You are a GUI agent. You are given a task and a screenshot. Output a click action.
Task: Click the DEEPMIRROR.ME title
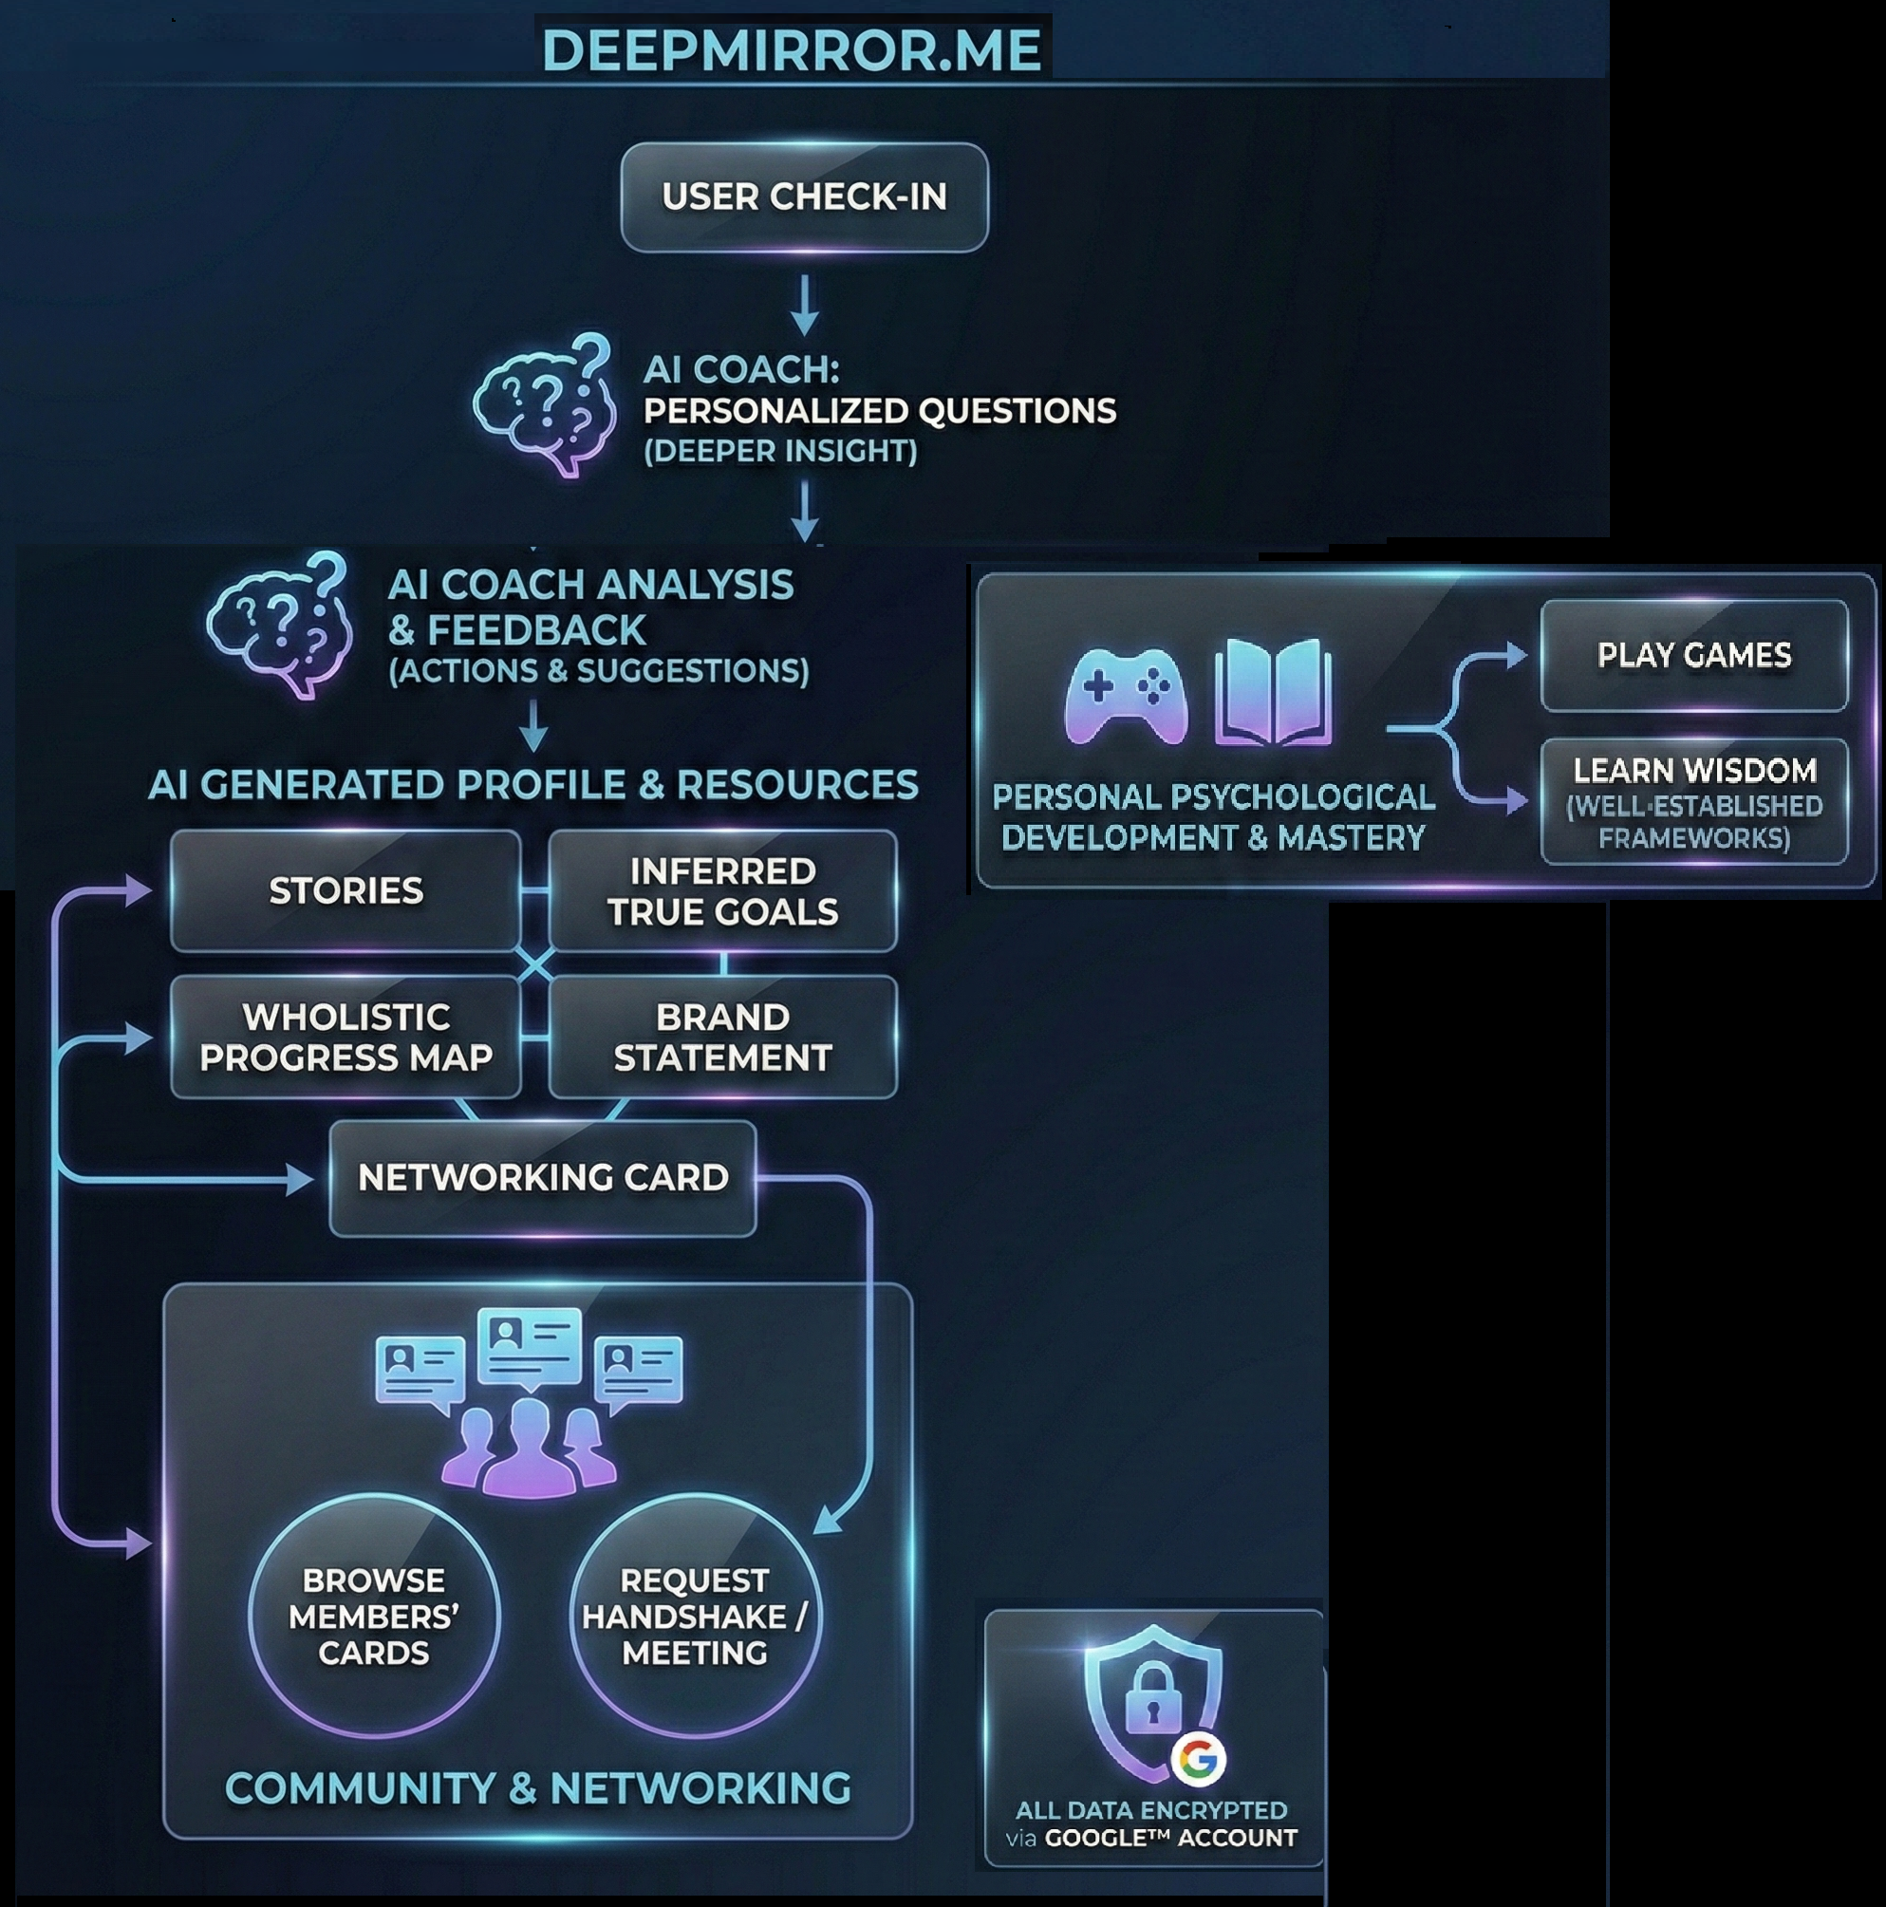coord(793,49)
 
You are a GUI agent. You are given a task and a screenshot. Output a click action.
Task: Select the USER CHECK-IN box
coord(804,196)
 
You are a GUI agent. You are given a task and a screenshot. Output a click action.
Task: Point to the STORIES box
coord(345,890)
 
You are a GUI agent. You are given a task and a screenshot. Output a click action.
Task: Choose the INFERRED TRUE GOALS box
coord(722,890)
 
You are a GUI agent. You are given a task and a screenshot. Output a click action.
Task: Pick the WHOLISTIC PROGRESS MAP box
coord(345,1037)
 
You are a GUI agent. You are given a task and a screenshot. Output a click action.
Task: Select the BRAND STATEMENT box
coord(722,1037)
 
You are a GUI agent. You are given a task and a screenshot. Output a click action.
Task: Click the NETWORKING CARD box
coord(543,1177)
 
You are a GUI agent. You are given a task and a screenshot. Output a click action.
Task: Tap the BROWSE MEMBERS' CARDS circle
coord(373,1616)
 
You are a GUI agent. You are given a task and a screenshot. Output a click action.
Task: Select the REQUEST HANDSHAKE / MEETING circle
coord(695,1616)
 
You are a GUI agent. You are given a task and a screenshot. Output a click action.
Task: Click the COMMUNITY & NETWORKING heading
coord(538,1787)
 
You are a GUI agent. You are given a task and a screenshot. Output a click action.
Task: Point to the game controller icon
coord(1126,695)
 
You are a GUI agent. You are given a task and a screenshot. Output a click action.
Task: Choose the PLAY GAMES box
coord(1693,654)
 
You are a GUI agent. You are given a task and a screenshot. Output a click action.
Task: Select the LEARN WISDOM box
coord(1693,801)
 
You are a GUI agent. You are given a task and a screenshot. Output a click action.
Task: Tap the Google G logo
coord(1199,1758)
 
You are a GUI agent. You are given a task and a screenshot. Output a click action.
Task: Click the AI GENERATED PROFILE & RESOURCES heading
coord(532,785)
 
